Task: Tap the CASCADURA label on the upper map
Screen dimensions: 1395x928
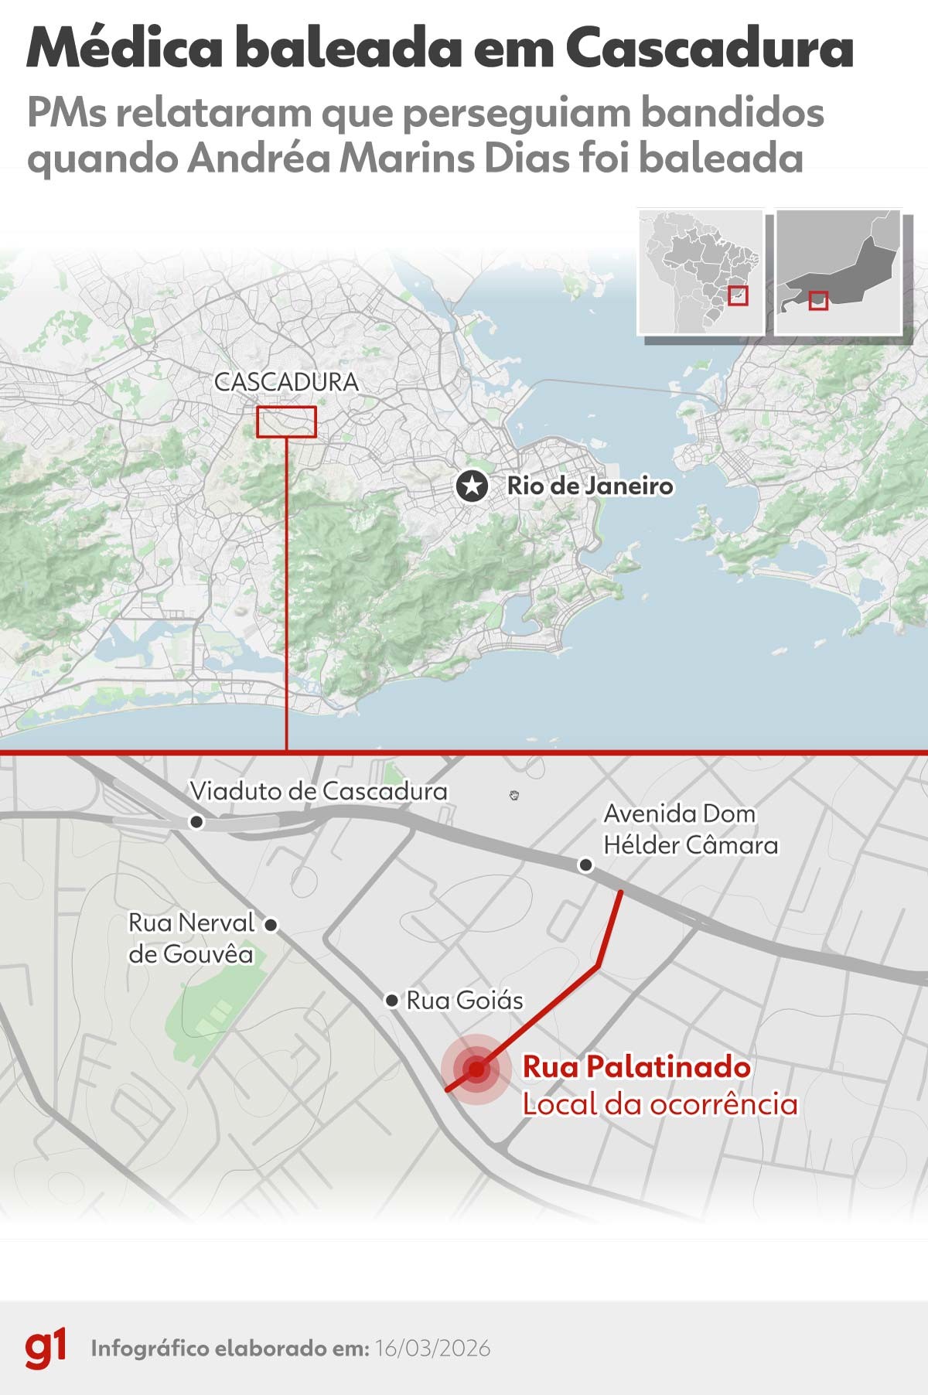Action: pyautogui.click(x=286, y=382)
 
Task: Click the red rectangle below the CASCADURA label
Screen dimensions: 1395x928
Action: pyautogui.click(x=286, y=422)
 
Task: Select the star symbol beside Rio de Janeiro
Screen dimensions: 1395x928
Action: pyautogui.click(x=472, y=486)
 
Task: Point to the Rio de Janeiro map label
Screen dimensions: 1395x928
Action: pyautogui.click(x=590, y=486)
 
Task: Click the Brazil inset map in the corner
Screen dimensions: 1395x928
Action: pyautogui.click(x=700, y=271)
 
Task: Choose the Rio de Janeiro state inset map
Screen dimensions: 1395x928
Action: pyautogui.click(x=839, y=271)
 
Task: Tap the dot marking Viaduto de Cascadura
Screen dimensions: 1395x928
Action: pyautogui.click(x=197, y=822)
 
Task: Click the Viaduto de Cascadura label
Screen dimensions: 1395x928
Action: pyautogui.click(x=319, y=791)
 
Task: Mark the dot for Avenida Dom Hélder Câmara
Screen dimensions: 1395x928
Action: pyautogui.click(x=586, y=865)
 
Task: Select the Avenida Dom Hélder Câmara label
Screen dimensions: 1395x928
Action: pyautogui.click(x=690, y=829)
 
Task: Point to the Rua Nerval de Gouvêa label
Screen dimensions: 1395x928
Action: pyautogui.click(x=192, y=938)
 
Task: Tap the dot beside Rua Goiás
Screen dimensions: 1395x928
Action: pyautogui.click(x=392, y=1001)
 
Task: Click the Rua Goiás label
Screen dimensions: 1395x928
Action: pyautogui.click(x=465, y=1001)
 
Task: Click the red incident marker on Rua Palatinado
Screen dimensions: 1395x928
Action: pyautogui.click(x=476, y=1069)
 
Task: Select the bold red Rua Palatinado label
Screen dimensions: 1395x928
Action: pyautogui.click(x=636, y=1067)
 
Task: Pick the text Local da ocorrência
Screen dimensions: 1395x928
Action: pyautogui.click(x=660, y=1104)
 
